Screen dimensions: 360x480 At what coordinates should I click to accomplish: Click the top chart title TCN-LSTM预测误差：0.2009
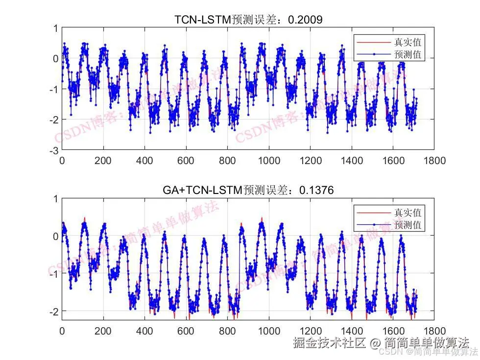(x=248, y=20)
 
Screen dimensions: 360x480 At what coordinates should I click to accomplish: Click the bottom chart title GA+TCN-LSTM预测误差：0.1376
(x=248, y=190)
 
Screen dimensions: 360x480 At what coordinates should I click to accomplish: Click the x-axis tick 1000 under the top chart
(x=269, y=160)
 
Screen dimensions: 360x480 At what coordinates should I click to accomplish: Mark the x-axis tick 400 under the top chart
(x=144, y=160)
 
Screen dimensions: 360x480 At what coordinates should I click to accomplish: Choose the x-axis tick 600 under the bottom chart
(x=186, y=331)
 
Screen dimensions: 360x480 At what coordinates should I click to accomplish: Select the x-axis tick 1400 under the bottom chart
(x=352, y=331)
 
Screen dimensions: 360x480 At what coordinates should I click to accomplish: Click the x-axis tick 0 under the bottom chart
(x=62, y=331)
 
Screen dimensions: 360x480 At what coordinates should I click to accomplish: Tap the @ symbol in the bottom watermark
(x=375, y=343)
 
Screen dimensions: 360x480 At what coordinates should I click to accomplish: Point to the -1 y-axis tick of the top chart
(x=54, y=89)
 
